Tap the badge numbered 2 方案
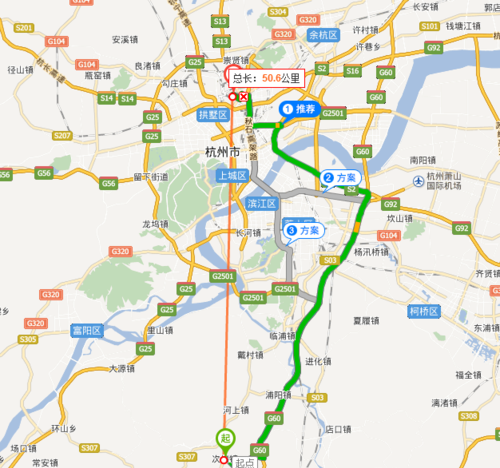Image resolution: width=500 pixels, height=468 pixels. (x=341, y=178)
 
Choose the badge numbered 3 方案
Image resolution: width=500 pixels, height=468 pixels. (x=304, y=231)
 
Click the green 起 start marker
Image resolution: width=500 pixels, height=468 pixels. (x=225, y=437)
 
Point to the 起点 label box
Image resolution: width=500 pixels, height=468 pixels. (x=244, y=462)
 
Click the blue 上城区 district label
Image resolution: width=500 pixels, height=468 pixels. (x=230, y=175)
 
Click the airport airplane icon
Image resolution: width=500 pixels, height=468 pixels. (x=418, y=180)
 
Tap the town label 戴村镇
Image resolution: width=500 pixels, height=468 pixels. (x=249, y=356)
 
